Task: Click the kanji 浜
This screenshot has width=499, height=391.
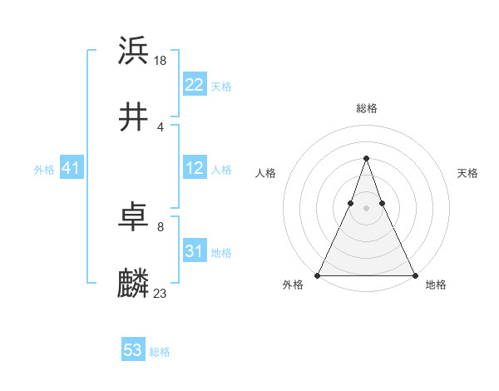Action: [x=134, y=51]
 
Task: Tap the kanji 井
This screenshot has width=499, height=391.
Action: [x=134, y=117]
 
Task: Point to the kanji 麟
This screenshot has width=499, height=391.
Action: [x=134, y=284]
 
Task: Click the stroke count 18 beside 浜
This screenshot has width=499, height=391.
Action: [x=161, y=60]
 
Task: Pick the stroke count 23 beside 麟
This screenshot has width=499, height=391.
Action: [x=161, y=293]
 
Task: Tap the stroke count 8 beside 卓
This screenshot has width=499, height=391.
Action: [x=161, y=226]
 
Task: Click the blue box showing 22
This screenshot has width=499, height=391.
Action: [x=195, y=85]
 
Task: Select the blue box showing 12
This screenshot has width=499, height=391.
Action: [x=195, y=168]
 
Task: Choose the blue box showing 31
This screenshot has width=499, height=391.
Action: [x=195, y=251]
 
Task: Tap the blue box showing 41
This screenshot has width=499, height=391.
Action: [x=72, y=168]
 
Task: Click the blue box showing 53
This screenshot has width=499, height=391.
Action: [x=133, y=350]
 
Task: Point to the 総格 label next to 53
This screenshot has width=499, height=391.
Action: [x=160, y=352]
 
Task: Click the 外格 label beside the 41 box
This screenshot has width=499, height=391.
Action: [x=44, y=169]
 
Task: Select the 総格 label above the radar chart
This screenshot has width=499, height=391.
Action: [x=366, y=108]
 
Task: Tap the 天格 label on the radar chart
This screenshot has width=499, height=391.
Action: [x=468, y=173]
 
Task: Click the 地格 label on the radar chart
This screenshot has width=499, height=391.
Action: [x=436, y=285]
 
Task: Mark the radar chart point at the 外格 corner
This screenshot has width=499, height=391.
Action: [x=318, y=275]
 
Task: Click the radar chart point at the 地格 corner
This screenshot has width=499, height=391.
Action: [x=414, y=275]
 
